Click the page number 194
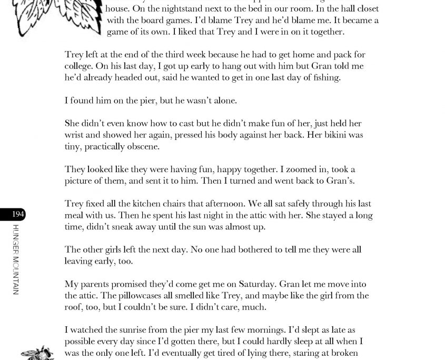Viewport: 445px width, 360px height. click(18, 214)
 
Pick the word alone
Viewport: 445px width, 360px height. click(224, 101)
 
